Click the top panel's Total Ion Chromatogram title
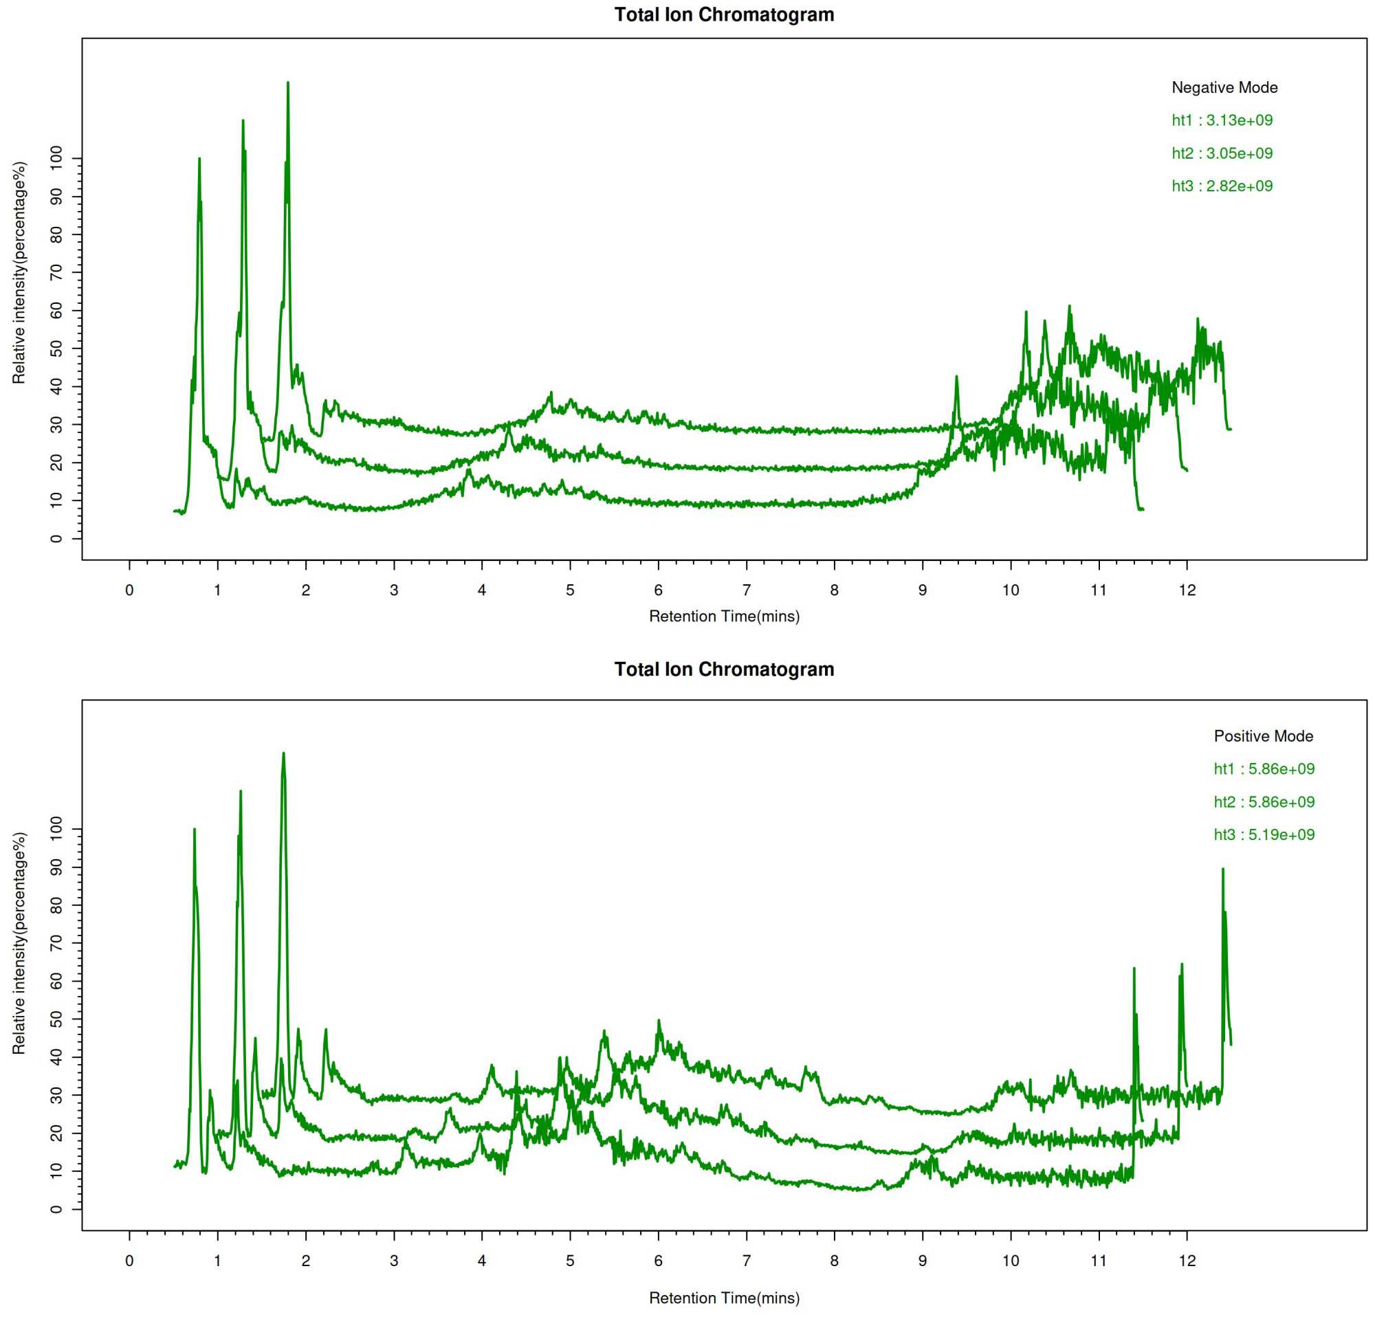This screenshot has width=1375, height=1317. pos(724,14)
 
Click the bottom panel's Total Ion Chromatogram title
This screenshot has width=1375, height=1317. pos(724,669)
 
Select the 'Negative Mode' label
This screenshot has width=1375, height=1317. pos(1224,88)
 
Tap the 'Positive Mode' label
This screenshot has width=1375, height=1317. pos(1264,736)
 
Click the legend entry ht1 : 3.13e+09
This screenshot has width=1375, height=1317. pos(1222,120)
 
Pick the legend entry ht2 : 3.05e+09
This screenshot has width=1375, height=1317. pos(1222,153)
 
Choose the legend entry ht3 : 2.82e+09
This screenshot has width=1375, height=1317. pos(1222,186)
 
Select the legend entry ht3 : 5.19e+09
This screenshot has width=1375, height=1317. pos(1264,835)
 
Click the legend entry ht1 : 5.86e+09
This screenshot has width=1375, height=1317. pos(1264,769)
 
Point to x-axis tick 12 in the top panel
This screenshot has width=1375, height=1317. pos(1187,590)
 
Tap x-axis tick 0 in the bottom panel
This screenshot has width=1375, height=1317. pos(129,1261)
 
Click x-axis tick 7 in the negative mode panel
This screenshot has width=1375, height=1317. pos(747,590)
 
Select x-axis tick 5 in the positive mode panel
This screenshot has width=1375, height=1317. pos(571,1261)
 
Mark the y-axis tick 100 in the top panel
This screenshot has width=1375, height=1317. pos(57,159)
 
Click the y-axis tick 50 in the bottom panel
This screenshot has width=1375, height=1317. pos(57,1019)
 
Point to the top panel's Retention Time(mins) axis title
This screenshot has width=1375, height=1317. pos(724,617)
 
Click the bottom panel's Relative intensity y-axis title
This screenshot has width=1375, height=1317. pos(19,943)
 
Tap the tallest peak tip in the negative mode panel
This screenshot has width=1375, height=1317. pos(287,82)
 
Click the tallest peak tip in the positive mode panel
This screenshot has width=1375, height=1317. pos(283,753)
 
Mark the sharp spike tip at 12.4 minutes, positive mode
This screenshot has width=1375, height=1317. pos(1223,869)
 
